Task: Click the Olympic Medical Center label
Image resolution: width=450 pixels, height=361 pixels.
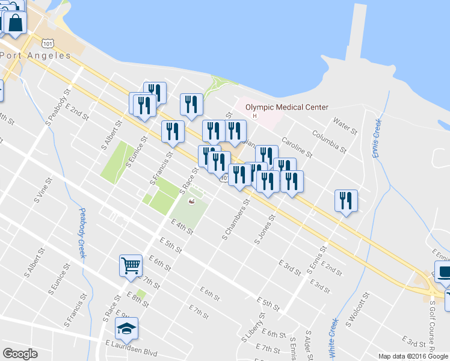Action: (x=288, y=107)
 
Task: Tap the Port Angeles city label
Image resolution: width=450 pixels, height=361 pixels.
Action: (x=36, y=55)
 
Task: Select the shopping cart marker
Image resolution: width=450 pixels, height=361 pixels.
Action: (x=131, y=265)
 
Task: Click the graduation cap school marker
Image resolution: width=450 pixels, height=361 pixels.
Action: (x=126, y=328)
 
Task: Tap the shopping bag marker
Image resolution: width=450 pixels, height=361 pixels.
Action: (x=15, y=23)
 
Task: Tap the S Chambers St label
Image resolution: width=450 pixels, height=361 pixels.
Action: (x=235, y=223)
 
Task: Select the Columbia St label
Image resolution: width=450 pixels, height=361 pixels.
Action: (x=329, y=141)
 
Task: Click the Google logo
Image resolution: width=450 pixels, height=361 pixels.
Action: (x=20, y=354)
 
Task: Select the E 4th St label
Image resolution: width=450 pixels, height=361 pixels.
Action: (x=182, y=226)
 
